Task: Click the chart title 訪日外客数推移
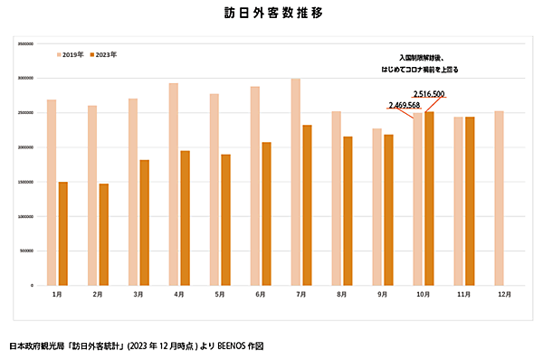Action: (x=272, y=14)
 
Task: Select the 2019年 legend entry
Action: (x=72, y=54)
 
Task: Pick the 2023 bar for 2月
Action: (x=104, y=234)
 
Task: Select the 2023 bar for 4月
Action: (x=185, y=218)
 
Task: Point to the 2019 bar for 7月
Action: (x=296, y=182)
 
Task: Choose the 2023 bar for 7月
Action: (x=308, y=204)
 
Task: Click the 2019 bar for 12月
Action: (x=500, y=198)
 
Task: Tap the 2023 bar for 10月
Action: (x=429, y=198)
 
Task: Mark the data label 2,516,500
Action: (x=429, y=94)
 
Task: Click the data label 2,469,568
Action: (x=404, y=105)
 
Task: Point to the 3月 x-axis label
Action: (x=138, y=295)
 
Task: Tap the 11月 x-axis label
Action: (x=464, y=295)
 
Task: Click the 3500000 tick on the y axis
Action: (x=24, y=43)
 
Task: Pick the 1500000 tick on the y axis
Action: (x=24, y=182)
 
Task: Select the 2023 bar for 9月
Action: (x=388, y=210)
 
